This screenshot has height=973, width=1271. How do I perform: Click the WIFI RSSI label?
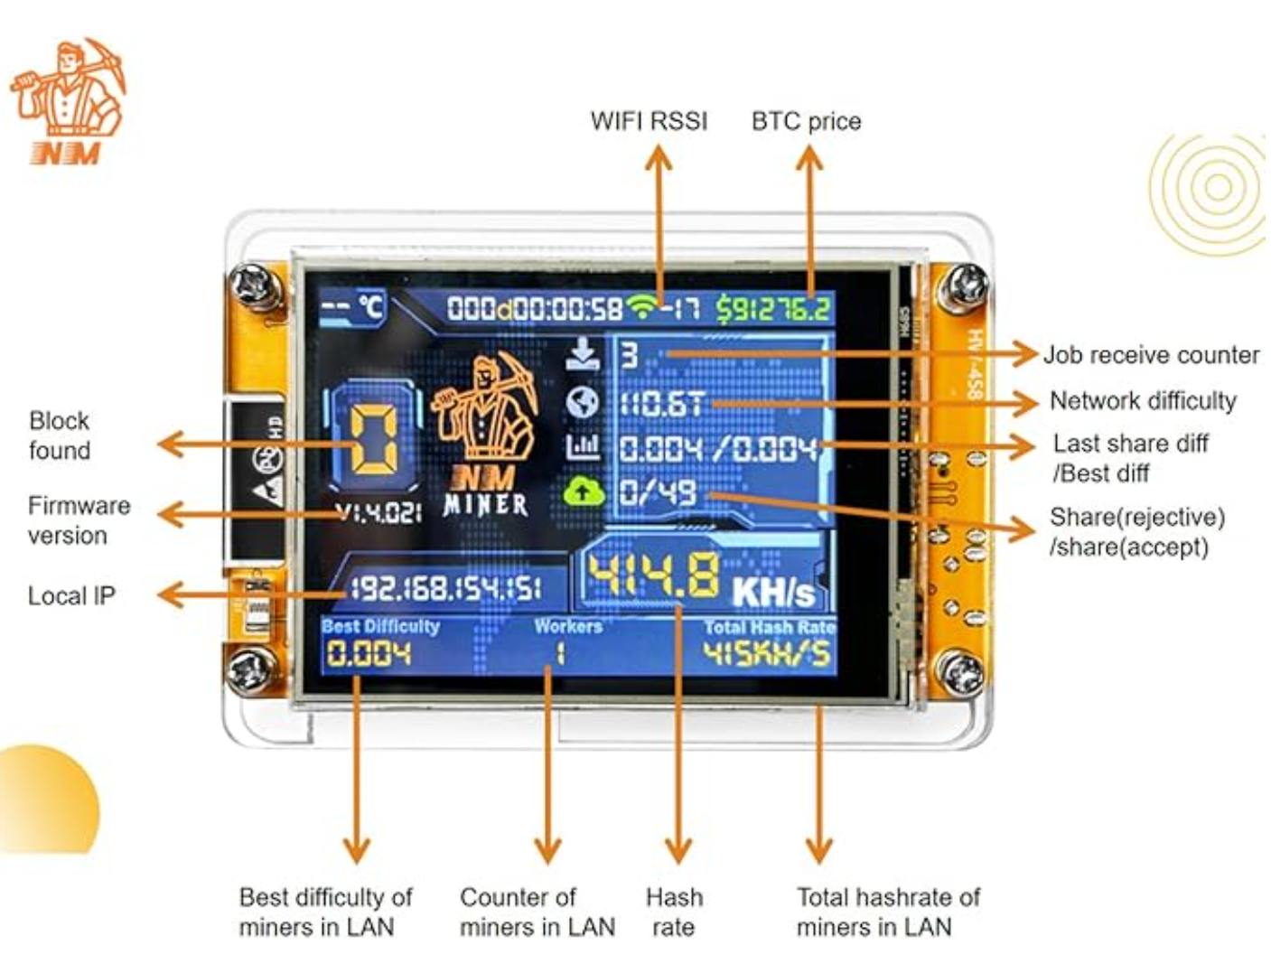649,121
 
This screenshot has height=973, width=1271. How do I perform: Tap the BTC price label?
806,121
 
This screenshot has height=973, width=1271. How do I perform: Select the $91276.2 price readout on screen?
773,310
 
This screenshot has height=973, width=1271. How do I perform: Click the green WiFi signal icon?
642,308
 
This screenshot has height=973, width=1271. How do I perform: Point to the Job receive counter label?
1150,355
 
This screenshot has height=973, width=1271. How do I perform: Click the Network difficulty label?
1142,400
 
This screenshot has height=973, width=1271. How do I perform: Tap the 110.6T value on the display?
661,403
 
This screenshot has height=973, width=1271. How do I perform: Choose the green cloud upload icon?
583,491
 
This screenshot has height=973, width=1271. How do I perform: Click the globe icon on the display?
583,402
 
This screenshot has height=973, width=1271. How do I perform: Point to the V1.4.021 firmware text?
378,513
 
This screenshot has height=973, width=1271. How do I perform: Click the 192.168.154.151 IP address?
445,589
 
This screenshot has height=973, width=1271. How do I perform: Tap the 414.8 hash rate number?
655,576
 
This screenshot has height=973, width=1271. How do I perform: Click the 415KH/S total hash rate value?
766,654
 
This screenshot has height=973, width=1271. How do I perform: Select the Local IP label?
71,596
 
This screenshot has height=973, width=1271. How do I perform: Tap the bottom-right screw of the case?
960,673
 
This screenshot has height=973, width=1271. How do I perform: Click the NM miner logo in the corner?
68,101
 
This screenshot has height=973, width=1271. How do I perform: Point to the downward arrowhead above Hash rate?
678,850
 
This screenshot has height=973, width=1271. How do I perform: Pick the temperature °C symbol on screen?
371,307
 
